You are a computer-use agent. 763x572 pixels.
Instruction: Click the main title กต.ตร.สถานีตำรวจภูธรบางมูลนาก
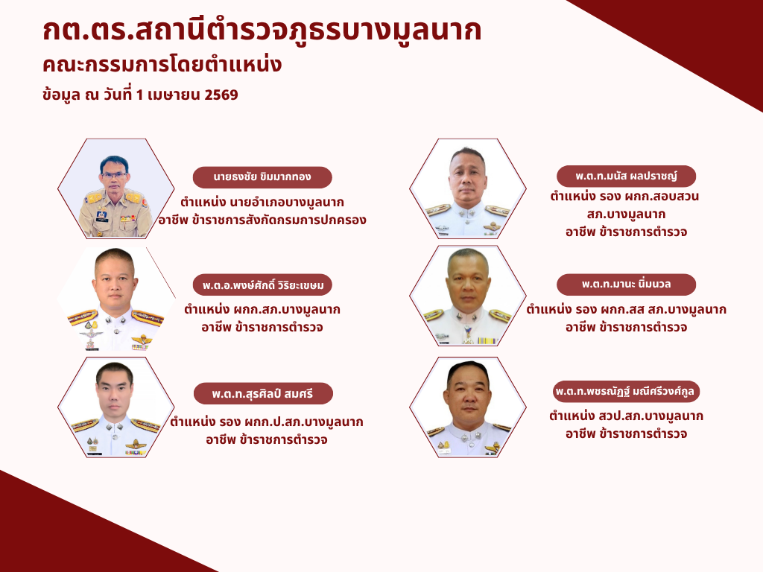coord(262,30)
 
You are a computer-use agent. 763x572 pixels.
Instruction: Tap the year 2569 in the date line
coord(221,95)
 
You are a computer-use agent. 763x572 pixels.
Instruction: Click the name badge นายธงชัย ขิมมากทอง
coord(262,177)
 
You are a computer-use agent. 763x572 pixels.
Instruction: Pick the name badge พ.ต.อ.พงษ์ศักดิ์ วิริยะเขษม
coord(262,285)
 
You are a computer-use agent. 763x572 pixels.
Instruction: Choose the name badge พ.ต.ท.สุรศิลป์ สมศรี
coord(263,393)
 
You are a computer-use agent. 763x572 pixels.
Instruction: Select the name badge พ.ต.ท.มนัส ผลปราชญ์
coord(626,176)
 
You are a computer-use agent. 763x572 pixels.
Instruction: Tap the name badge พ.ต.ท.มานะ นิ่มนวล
coord(626,285)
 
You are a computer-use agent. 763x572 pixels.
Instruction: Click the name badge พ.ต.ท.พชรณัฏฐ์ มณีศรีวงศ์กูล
coord(626,392)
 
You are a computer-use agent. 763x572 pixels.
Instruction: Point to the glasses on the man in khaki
coord(114,174)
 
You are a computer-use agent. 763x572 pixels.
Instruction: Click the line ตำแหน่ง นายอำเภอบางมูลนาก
coord(262,202)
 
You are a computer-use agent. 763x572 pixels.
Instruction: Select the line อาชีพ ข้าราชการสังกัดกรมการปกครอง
coord(262,220)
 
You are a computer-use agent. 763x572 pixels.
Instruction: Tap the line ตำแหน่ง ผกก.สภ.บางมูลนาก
coord(262,309)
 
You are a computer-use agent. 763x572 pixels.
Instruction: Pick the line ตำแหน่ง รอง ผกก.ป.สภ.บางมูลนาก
coord(267,422)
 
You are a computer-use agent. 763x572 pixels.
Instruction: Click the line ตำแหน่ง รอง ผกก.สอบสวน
coord(625,196)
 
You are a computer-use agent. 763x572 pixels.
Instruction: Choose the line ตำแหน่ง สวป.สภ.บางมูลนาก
coord(626,416)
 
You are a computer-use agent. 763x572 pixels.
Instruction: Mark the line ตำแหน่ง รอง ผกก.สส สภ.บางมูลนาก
coord(626,309)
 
